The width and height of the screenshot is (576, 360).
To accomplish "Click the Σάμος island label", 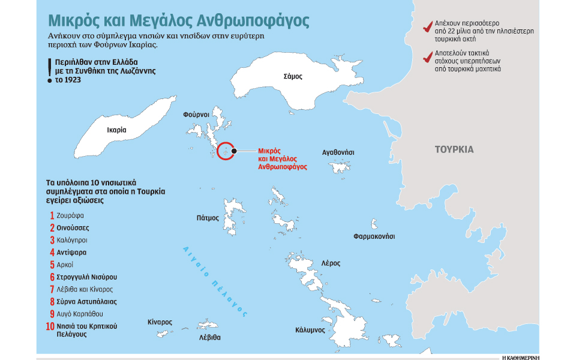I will (293, 77).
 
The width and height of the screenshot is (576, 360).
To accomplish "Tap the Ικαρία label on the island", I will (116, 130).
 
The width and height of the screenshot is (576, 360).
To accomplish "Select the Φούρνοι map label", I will (196, 113).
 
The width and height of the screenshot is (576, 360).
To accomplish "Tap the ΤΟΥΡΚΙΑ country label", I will (454, 149).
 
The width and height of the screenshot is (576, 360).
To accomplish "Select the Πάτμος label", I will (208, 218).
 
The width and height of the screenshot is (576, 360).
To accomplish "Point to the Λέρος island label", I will (331, 263).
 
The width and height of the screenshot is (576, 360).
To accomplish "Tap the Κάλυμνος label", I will (310, 330).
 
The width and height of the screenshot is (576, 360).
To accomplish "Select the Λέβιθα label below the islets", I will (210, 337).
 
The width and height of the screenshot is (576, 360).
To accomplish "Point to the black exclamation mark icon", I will (49, 71).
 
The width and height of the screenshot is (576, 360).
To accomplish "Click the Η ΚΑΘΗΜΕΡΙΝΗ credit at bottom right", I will (520, 356).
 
